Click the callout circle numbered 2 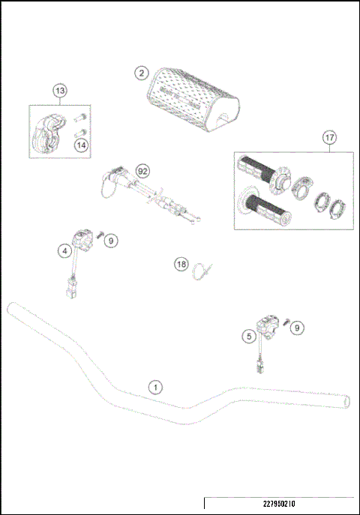point(140,73)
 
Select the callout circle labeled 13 point(60,91)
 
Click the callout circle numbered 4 point(66,251)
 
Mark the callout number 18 point(180,264)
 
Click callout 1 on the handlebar point(154,388)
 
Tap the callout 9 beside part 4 point(110,241)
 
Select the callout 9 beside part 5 point(298,327)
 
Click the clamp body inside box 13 point(47,133)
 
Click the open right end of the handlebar point(345,403)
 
